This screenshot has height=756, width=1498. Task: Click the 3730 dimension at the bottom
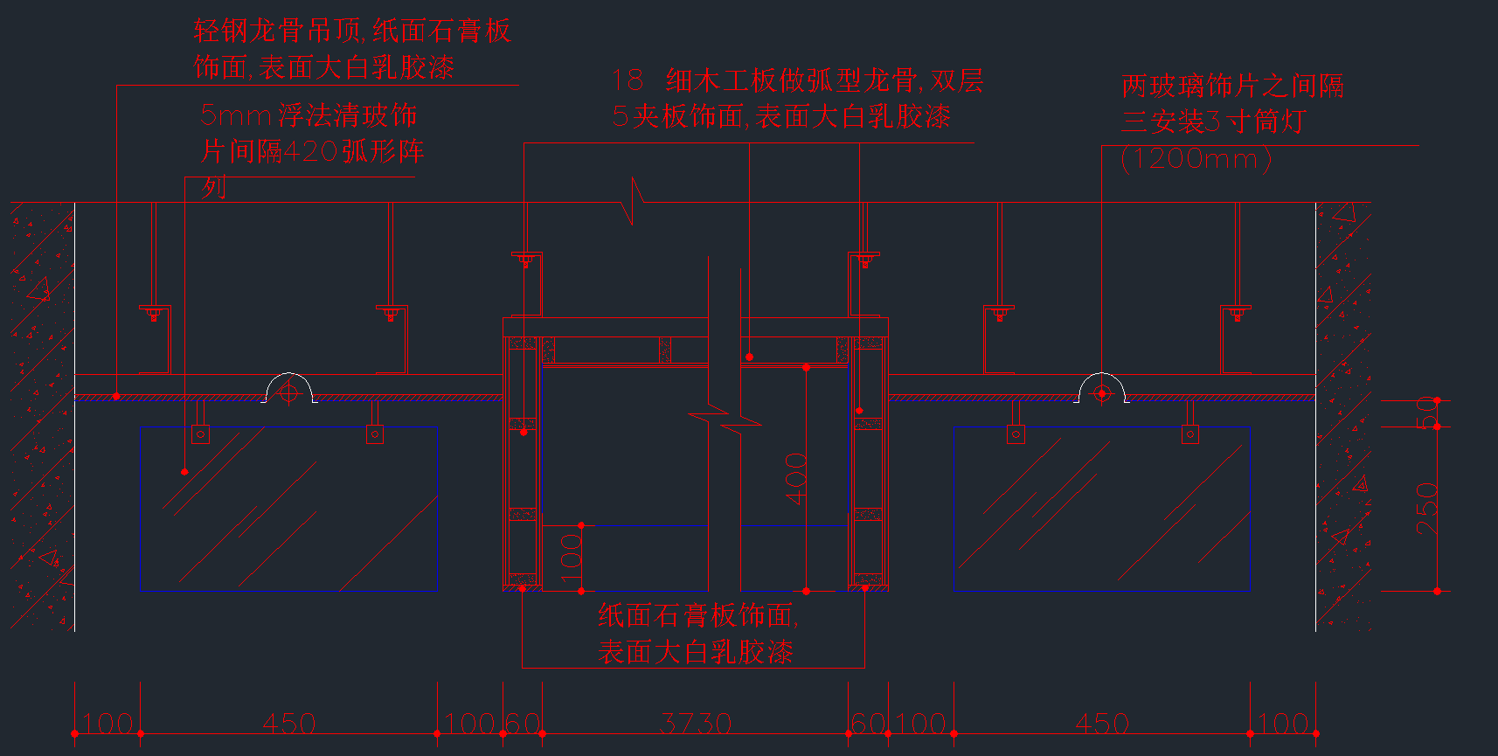click(x=696, y=724)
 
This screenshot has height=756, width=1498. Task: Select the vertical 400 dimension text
click(x=796, y=478)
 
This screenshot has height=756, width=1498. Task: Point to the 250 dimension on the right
click(x=1426, y=510)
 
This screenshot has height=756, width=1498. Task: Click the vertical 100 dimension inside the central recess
click(x=571, y=558)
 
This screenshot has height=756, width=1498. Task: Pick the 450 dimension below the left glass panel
click(x=288, y=724)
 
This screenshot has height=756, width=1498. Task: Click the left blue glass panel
click(x=288, y=509)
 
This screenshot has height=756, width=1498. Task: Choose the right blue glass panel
click(x=1101, y=509)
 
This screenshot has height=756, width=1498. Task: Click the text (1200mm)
click(x=1196, y=159)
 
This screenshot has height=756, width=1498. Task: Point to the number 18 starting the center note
click(x=628, y=81)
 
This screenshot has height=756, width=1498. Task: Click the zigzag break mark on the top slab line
click(x=634, y=202)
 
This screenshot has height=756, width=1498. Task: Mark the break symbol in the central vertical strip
click(x=725, y=420)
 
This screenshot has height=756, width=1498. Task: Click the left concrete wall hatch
click(x=42, y=416)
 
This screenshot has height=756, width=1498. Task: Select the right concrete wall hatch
click(x=1343, y=416)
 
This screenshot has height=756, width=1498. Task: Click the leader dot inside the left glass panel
click(x=184, y=472)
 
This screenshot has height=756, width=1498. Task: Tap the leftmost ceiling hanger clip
click(x=154, y=312)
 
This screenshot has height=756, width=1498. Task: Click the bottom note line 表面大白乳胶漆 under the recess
click(x=696, y=652)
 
